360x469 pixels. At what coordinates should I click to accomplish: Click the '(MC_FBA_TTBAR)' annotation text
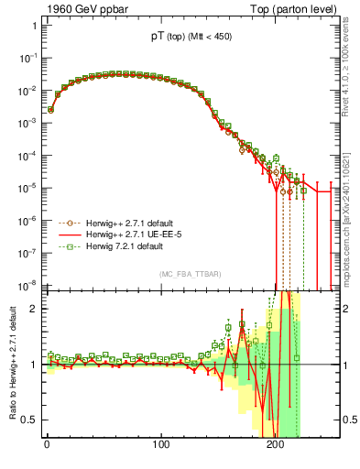coord(189,275)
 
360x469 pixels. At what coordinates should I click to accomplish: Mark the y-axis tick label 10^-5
coord(27,188)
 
